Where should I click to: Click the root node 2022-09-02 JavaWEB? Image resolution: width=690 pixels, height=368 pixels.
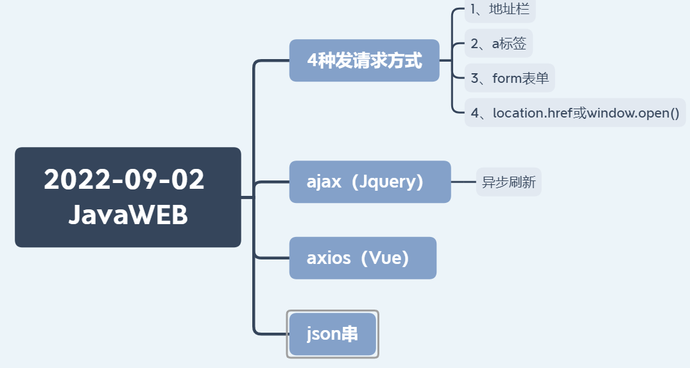pyautogui.click(x=128, y=197)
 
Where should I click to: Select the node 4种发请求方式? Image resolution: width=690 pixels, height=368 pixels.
pyautogui.click(x=364, y=60)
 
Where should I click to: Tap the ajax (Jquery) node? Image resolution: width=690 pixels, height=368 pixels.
pyautogui.click(x=370, y=182)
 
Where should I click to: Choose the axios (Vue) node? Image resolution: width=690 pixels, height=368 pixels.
pyautogui.click(x=363, y=258)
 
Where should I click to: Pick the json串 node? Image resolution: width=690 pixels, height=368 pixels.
pyautogui.click(x=332, y=334)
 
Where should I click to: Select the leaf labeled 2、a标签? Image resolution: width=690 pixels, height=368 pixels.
pyautogui.click(x=498, y=44)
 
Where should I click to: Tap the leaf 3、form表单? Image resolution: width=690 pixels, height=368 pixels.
pyautogui.click(x=510, y=78)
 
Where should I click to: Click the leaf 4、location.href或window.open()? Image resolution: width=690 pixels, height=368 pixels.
pyautogui.click(x=574, y=113)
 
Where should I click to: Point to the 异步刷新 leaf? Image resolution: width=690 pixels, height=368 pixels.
pyautogui.click(x=508, y=182)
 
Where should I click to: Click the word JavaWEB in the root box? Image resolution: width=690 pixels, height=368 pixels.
pyautogui.click(x=128, y=215)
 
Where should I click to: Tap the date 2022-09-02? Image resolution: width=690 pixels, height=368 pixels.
pyautogui.click(x=124, y=179)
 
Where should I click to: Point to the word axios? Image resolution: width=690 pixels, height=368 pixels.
pyautogui.click(x=329, y=258)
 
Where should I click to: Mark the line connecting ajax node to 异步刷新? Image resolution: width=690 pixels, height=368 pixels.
pyautogui.click(x=463, y=182)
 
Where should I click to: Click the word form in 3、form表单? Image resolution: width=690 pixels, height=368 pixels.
pyautogui.click(x=506, y=78)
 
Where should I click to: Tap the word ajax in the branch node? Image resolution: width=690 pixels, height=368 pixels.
pyautogui.click(x=323, y=182)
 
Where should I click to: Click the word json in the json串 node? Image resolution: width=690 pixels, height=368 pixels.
pyautogui.click(x=323, y=334)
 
